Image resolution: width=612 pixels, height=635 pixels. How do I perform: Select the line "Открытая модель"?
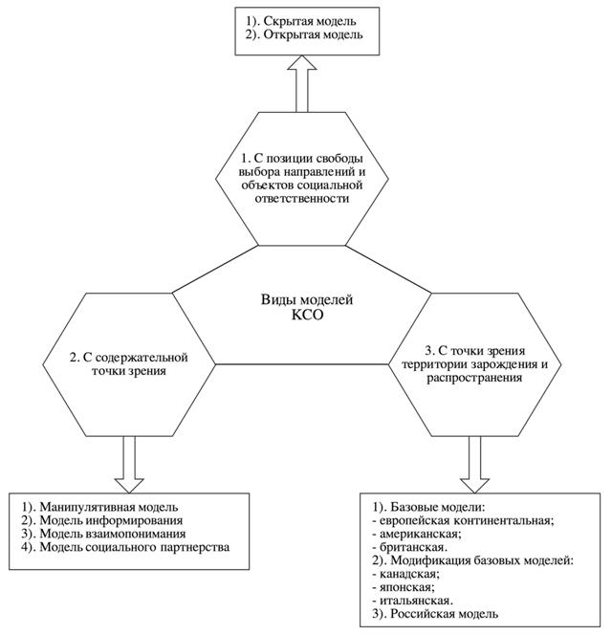(x=304, y=34)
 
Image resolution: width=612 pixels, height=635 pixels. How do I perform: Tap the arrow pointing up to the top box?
(x=302, y=83)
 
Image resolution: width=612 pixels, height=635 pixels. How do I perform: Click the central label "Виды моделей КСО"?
(x=307, y=307)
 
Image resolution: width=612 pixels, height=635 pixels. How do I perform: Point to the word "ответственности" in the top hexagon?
(x=302, y=199)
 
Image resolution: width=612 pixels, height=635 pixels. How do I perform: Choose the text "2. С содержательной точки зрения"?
(x=129, y=364)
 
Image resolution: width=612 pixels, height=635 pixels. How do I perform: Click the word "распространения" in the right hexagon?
(x=474, y=378)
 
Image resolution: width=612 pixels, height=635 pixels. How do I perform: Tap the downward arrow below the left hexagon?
(x=129, y=465)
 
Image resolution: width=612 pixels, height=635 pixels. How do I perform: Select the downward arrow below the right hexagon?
(x=474, y=465)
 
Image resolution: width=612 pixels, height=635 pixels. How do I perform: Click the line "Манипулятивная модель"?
(x=100, y=507)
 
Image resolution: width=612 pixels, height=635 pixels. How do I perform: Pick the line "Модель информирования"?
(x=102, y=520)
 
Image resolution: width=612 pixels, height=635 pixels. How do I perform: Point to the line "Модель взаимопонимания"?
(x=104, y=534)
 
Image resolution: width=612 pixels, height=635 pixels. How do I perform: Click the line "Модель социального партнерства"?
(x=126, y=547)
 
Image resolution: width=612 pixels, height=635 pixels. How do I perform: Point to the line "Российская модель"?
(x=435, y=614)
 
